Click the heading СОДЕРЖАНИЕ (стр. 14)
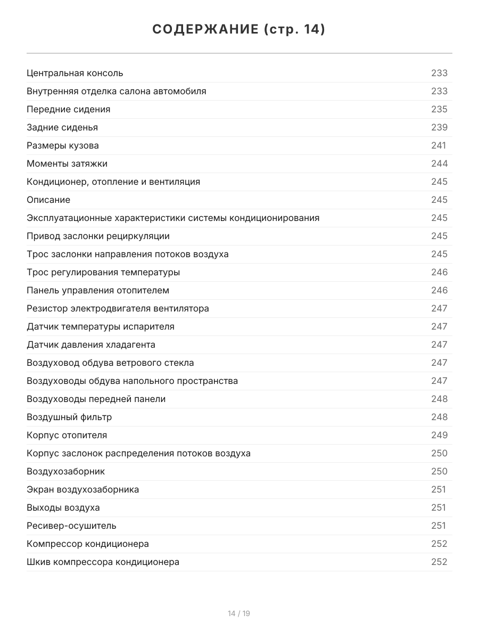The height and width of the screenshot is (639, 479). pos(239,30)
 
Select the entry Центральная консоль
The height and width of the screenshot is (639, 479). pos(75,73)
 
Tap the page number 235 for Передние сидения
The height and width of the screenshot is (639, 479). pos(439,109)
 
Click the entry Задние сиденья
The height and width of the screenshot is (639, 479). pos(62,127)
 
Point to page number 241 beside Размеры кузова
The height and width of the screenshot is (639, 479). pos(439,145)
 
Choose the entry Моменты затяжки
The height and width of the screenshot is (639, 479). pos(67,163)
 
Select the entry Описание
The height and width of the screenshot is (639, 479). pos(48,200)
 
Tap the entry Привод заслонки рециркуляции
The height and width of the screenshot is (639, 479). pos(98,236)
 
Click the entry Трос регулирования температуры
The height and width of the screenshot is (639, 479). pos(103,272)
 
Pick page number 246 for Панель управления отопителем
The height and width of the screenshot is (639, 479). pos(439,290)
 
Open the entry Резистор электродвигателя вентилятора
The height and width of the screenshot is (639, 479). pos(118,308)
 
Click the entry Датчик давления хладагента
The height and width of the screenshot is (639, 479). pos(91,345)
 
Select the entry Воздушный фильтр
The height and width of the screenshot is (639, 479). pos(69,417)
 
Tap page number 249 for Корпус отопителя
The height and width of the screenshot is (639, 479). pos(439,435)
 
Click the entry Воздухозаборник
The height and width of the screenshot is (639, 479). pos(66,471)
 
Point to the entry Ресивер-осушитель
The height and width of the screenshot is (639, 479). pos(71,526)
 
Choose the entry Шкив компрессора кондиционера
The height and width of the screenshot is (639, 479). pos(103,562)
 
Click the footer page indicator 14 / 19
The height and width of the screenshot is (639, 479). pos(239,613)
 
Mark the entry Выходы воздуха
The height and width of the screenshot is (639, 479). pos(63,507)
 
